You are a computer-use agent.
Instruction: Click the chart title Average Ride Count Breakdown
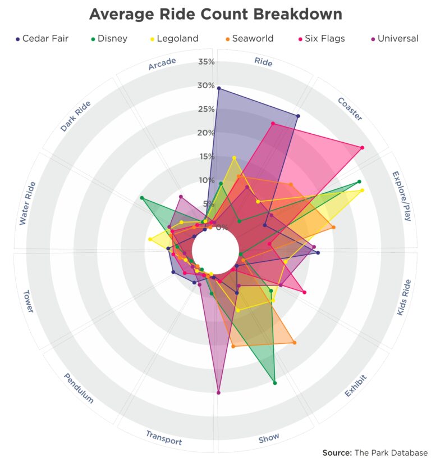click(x=215, y=14)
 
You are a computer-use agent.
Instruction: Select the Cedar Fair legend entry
click(x=45, y=39)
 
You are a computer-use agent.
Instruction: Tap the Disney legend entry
click(x=112, y=39)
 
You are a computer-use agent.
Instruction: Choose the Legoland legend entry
click(x=177, y=39)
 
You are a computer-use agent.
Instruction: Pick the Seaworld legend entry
click(x=252, y=39)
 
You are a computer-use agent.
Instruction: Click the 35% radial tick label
click(x=206, y=62)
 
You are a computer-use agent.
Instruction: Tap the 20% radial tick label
click(x=206, y=133)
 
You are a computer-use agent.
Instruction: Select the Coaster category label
click(x=350, y=109)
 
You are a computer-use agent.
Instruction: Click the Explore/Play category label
click(x=401, y=196)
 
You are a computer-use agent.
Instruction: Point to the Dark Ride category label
click(x=75, y=116)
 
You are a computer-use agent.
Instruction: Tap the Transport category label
click(x=164, y=437)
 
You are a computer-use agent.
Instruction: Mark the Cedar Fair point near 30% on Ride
click(x=218, y=88)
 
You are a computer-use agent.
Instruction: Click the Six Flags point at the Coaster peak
click(x=362, y=148)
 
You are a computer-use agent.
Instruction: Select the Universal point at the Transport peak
click(x=218, y=392)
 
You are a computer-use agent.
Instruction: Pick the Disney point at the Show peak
click(x=274, y=383)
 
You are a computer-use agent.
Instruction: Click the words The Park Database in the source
click(x=391, y=452)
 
